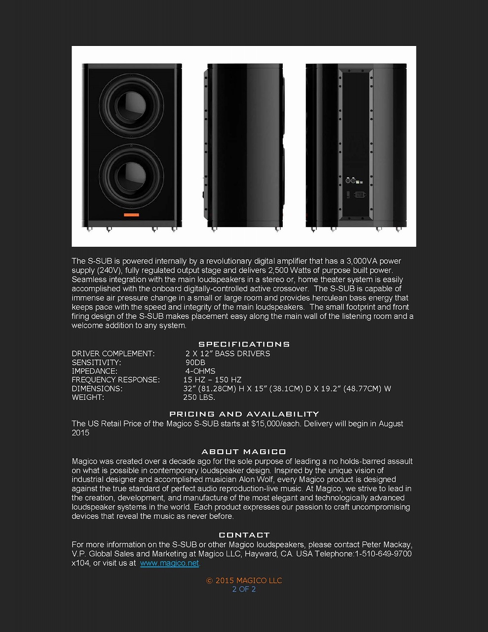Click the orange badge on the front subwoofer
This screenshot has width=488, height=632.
pyautogui.click(x=131, y=215)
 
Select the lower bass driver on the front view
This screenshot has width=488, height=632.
pyautogui.click(x=131, y=176)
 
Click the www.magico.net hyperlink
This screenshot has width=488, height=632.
pyautogui.click(x=169, y=563)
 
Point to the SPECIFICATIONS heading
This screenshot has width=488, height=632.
pyautogui.click(x=244, y=344)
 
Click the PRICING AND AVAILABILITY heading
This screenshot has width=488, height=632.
pyautogui.click(x=244, y=414)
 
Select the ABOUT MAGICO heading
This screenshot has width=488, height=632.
pyautogui.click(x=244, y=451)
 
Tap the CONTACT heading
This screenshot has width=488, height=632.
pyautogui.click(x=244, y=535)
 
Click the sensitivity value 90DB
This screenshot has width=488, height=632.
pyautogui.click(x=195, y=362)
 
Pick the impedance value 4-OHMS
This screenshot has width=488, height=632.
pyautogui.click(x=200, y=371)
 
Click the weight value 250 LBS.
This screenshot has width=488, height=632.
pyautogui.click(x=199, y=397)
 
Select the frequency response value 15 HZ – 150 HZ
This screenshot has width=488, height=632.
pyautogui.click(x=212, y=380)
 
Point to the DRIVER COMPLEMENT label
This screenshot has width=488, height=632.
pyautogui.click(x=113, y=354)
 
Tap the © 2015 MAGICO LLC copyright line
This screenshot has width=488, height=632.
pyautogui.click(x=244, y=581)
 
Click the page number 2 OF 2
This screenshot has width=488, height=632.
pyautogui.click(x=244, y=589)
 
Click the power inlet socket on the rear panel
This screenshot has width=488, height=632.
pyautogui.click(x=358, y=194)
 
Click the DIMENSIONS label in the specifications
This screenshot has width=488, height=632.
pyautogui.click(x=97, y=389)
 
